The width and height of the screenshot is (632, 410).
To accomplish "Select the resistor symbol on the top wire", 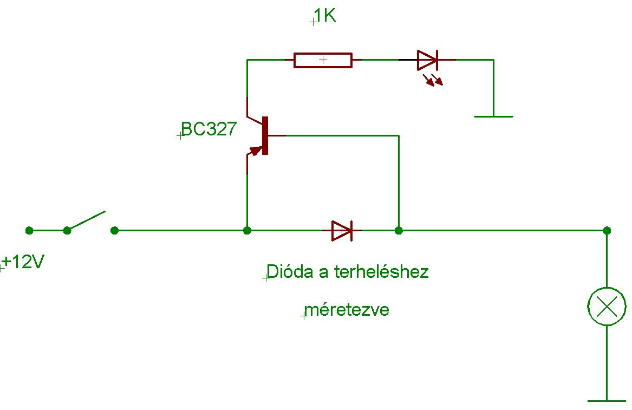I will click(323, 60).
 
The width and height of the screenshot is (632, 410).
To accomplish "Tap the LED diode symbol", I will click(428, 60).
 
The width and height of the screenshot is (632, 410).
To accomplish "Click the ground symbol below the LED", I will click(493, 116).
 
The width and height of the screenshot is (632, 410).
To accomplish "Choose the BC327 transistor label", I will click(209, 129).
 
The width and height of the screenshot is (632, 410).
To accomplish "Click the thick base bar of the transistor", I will click(265, 135).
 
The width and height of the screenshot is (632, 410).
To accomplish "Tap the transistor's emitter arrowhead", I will click(255, 150).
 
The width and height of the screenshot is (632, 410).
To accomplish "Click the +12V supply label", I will click(23, 263).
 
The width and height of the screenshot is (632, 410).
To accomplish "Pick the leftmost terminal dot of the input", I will click(29, 230).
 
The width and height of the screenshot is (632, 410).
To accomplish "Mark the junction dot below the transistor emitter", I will click(247, 230).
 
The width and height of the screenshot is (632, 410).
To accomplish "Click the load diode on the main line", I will click(342, 230).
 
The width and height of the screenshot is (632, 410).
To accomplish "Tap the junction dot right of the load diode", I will click(399, 230).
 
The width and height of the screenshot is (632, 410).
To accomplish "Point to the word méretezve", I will click(347, 310).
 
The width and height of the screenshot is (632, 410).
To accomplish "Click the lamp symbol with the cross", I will click(607, 307).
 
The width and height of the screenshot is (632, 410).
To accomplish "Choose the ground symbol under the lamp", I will click(607, 401).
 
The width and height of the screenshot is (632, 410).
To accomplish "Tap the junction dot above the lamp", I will click(607, 230).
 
